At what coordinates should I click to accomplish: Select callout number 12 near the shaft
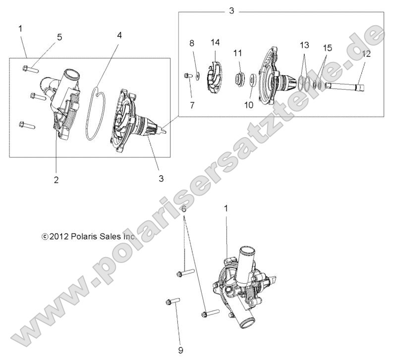coord(366,54)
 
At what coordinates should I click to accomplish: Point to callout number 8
coord(192,43)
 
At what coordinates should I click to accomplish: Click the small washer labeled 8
coord(197,75)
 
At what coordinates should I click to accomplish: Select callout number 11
coord(238,52)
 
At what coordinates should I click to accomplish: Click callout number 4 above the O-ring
coord(119,36)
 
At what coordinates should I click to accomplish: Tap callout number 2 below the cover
coord(56,180)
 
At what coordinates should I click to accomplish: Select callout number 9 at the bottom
coord(180,350)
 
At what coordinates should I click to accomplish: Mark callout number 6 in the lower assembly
coord(184,209)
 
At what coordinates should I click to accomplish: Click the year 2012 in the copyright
coord(59,237)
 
